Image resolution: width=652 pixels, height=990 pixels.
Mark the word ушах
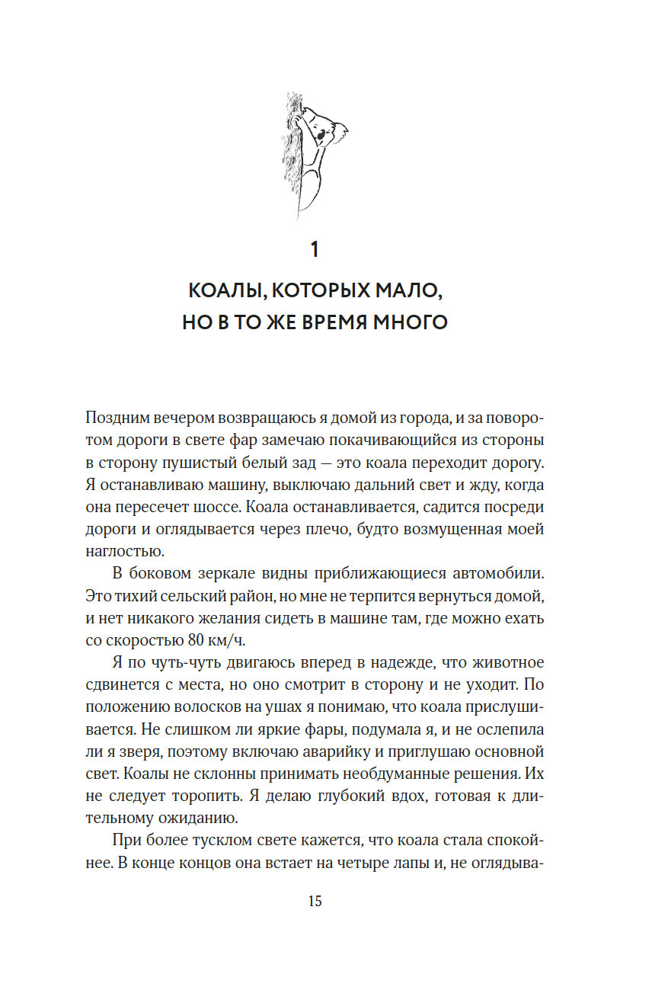click(280, 706)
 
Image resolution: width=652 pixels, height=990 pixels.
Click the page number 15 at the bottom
click(315, 902)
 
